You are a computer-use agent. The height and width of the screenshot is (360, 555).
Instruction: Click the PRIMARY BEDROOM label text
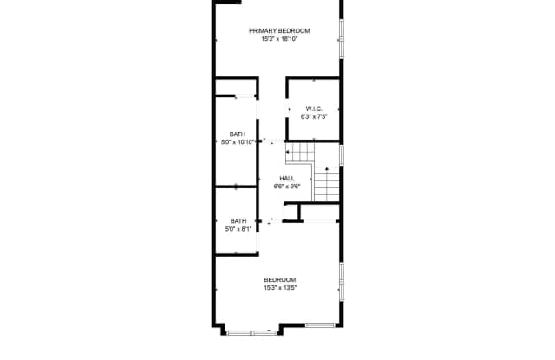(279, 30)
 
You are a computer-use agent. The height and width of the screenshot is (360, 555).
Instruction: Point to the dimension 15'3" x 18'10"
(279, 38)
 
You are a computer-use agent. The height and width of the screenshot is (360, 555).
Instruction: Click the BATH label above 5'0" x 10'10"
(237, 134)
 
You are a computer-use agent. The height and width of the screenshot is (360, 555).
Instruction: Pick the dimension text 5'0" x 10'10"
(238, 141)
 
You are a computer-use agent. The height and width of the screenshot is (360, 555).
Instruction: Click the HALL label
(287, 178)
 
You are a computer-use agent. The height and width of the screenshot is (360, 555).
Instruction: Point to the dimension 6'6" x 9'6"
(287, 186)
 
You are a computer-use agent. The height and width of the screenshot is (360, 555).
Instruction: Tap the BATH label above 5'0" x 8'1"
(238, 220)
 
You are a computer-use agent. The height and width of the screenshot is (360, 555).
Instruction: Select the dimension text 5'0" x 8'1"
(238, 229)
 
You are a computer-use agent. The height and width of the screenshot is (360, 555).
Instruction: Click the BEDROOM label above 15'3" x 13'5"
(279, 279)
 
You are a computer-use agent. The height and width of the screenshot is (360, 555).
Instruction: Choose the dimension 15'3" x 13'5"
(279, 287)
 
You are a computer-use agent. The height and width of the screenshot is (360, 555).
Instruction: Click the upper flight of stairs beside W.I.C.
(299, 154)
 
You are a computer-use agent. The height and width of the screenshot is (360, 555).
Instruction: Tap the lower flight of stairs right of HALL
(327, 183)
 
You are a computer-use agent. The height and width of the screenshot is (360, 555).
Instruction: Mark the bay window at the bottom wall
(252, 331)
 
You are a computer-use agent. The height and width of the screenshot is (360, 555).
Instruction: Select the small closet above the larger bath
(236, 88)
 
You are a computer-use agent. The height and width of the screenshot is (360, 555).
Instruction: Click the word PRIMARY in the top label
(264, 30)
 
